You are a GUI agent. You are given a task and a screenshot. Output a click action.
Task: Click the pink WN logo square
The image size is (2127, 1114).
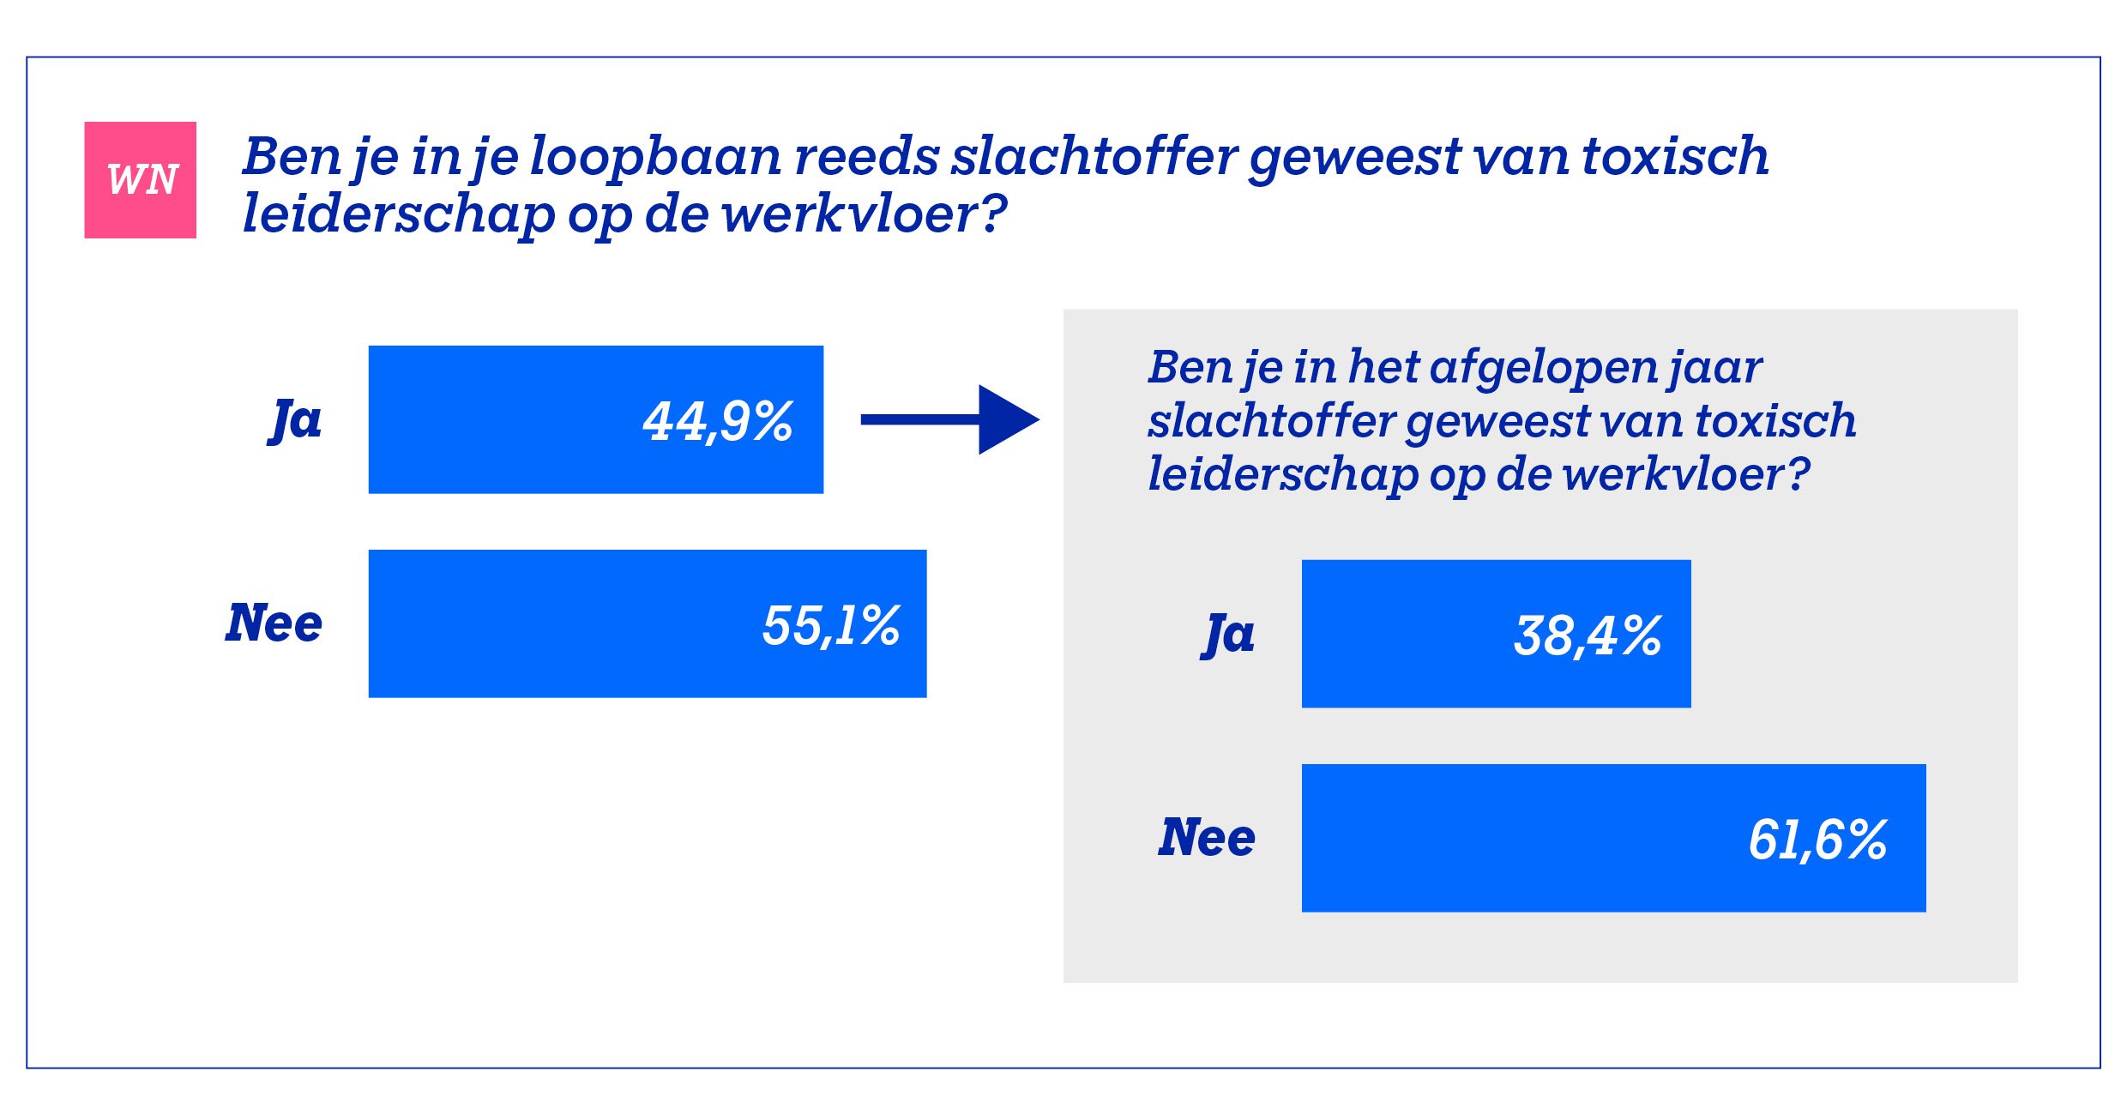(140, 180)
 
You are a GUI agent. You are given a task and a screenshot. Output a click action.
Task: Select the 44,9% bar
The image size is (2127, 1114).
(595, 419)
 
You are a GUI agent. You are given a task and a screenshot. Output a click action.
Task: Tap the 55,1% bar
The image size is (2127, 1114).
(647, 623)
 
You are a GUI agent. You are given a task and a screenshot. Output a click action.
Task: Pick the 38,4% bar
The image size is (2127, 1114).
(1495, 634)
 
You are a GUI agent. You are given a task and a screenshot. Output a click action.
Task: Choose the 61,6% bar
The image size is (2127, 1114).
(1613, 838)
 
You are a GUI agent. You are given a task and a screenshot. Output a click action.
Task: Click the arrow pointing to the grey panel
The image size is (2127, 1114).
(950, 419)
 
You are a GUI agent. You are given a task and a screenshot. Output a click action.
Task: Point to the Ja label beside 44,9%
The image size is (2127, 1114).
(296, 420)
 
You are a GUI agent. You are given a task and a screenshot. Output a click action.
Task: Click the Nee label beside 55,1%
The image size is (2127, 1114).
(274, 623)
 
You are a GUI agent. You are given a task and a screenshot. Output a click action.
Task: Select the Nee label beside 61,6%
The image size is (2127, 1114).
(1207, 838)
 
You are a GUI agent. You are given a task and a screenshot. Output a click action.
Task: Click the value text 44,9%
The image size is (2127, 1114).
(718, 422)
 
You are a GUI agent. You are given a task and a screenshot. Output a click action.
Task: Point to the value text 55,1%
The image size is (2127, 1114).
(830, 626)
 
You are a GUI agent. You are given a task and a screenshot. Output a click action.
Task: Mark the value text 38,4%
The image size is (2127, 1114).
(1588, 636)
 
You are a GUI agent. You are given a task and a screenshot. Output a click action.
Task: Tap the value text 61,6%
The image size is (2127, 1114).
(1817, 840)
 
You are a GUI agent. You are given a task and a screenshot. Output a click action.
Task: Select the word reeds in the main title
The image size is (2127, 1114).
(866, 157)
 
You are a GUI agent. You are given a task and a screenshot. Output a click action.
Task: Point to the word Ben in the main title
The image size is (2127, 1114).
(292, 157)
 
